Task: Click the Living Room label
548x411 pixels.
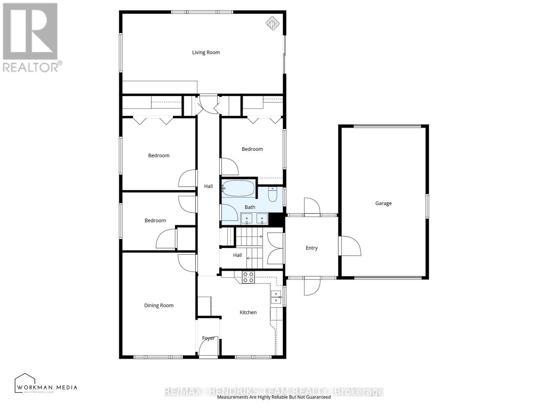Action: tap(206, 52)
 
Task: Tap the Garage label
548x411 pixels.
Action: tap(383, 203)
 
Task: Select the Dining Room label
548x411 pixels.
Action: tap(159, 306)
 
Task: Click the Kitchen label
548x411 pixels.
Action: tap(248, 312)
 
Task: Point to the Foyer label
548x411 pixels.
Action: tap(208, 338)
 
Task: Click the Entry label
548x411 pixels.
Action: tap(312, 248)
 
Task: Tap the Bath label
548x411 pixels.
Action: tap(250, 207)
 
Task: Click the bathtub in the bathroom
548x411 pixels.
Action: tap(239, 188)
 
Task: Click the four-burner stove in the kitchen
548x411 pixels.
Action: tap(248, 277)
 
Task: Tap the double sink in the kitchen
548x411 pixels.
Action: tap(276, 297)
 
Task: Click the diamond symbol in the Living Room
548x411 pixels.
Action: tap(273, 23)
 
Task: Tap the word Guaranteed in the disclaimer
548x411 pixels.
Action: tap(318, 397)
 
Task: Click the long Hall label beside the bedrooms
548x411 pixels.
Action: tap(208, 186)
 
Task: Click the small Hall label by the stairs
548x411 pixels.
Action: tap(237, 255)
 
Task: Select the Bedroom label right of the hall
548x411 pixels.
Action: tap(252, 149)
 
